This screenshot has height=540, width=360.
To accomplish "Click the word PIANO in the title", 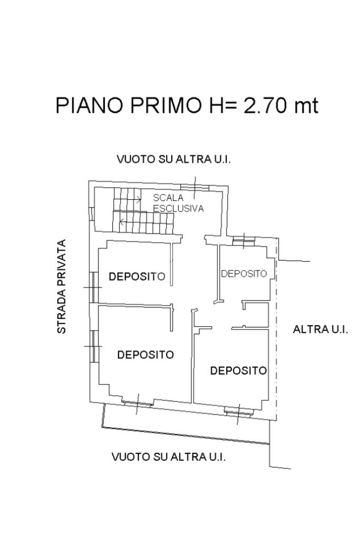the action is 87,105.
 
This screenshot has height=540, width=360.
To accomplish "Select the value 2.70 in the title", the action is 267,105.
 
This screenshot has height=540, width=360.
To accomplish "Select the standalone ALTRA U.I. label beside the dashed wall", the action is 320,330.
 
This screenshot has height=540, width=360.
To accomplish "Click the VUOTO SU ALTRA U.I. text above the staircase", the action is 173,159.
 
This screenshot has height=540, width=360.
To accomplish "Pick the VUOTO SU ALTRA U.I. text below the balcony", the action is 169,457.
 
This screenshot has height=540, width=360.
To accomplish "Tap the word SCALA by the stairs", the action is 168,198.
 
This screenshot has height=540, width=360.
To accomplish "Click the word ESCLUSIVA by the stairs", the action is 178,208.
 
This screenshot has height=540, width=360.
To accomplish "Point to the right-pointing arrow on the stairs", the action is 137,200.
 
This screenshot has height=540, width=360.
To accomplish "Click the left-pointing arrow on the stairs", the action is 122,222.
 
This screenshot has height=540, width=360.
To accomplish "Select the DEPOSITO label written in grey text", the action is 244,274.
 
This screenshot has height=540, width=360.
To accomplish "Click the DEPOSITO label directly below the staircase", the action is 137,276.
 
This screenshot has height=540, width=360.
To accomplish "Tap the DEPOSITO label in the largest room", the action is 145,355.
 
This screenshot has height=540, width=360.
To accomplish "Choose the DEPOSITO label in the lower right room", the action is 238,371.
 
